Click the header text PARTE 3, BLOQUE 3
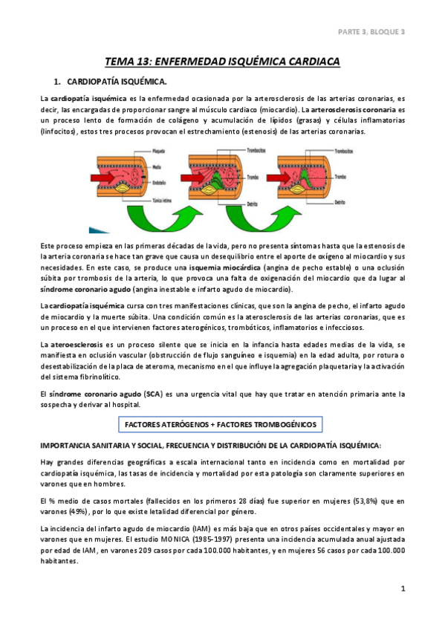[371, 32]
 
